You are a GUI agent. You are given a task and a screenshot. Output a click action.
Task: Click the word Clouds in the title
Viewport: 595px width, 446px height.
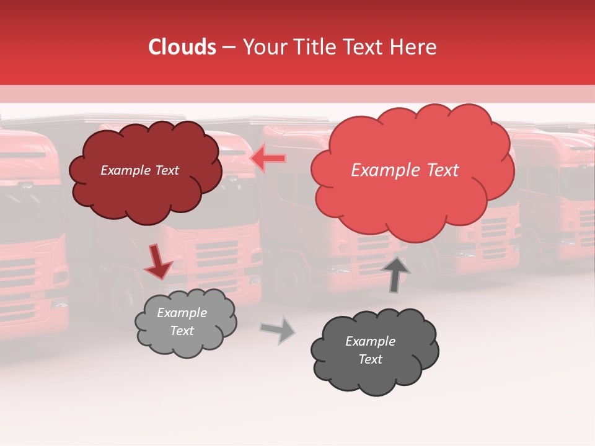point(182,47)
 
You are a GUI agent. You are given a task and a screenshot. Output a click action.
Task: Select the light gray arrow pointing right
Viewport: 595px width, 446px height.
point(278,330)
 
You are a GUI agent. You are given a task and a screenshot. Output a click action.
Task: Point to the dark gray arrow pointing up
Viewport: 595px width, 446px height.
point(395,274)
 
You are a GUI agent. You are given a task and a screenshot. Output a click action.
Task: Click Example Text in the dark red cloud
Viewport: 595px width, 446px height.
point(139,170)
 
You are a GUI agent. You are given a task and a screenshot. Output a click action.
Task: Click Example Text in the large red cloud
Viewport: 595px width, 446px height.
point(405,170)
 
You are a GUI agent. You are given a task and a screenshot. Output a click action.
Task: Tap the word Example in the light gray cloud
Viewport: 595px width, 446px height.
point(182,313)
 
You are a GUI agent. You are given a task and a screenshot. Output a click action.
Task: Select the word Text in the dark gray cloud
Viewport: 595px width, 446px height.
point(370,359)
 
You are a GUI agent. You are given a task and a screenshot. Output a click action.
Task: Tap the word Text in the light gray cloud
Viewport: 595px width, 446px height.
point(182,331)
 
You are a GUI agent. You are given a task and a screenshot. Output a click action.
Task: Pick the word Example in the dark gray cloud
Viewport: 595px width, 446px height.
point(370,341)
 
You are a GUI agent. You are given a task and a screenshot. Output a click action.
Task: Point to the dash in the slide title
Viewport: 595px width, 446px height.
point(229,47)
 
